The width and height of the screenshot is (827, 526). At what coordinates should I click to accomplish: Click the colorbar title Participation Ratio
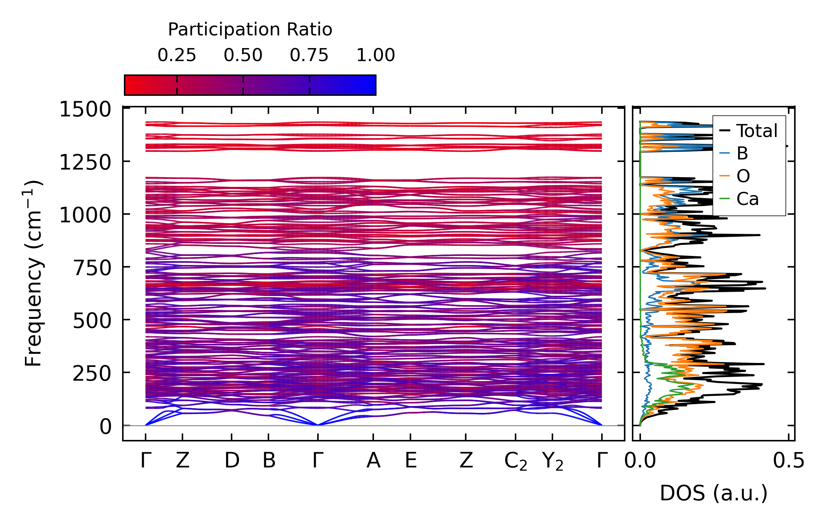pos(250,30)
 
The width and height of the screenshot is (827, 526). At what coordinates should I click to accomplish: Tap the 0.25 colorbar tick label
pos(177,55)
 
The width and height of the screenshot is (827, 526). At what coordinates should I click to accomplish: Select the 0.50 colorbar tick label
pos(243,55)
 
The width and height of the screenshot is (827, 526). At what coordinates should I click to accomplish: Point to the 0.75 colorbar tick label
pos(309,55)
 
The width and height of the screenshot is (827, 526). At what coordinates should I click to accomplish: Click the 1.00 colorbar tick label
pos(376,55)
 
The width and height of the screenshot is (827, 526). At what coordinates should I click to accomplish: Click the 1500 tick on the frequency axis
pos(85,109)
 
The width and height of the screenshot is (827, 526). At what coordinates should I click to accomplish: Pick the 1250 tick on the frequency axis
pos(85,162)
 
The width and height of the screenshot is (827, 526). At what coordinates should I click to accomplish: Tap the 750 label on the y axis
pos(92,268)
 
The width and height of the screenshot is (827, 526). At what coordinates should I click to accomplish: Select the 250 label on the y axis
pos(92,374)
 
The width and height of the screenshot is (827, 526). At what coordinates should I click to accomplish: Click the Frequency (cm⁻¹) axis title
pos(34,273)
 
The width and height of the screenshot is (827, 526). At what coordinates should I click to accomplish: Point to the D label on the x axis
pos(232,461)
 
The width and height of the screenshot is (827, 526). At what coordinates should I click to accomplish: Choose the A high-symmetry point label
pos(373,461)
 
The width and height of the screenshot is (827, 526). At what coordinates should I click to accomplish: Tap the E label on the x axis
pos(411,461)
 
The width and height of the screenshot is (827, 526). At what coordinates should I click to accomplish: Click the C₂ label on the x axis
pos(516,462)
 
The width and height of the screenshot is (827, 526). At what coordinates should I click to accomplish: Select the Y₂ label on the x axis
pos(553,462)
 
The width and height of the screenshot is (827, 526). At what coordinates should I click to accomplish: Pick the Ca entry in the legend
pos(747,199)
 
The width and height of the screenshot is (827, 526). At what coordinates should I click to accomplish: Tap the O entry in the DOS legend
pos(743,176)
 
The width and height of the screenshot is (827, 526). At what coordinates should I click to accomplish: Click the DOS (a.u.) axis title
pos(714,493)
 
